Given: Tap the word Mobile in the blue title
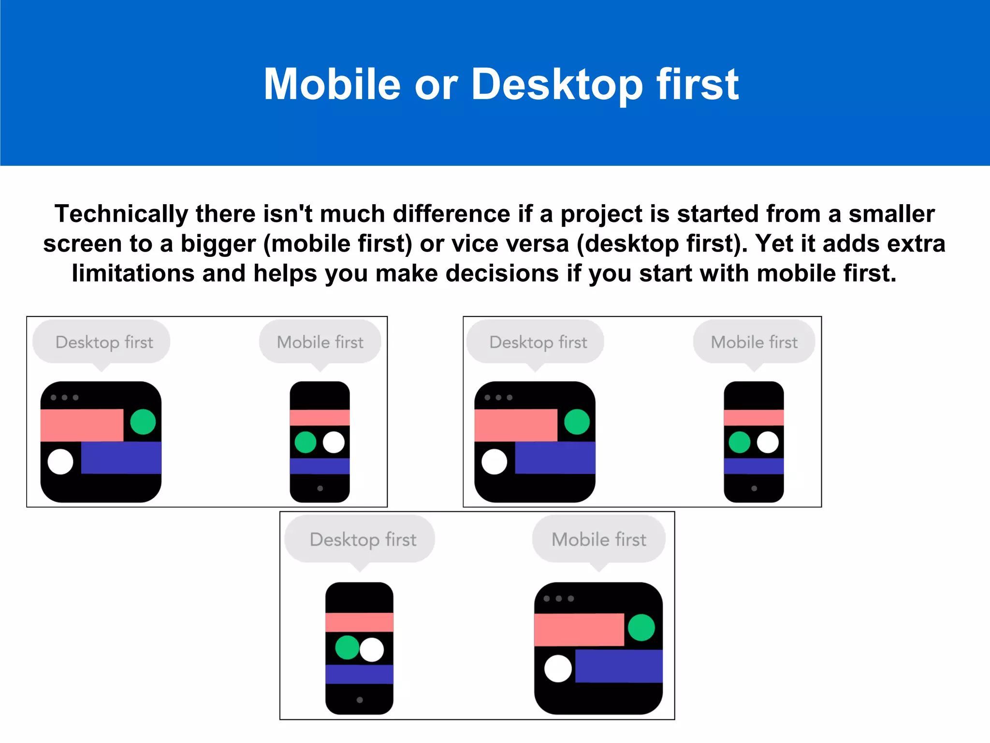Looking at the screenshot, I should [332, 84].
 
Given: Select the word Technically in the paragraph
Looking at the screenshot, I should [121, 214].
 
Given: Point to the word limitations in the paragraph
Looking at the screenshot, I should [133, 273].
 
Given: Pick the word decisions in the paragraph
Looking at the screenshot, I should [502, 273].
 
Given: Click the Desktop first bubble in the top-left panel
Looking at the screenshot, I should [104, 342].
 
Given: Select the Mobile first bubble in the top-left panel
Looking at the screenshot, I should [320, 342].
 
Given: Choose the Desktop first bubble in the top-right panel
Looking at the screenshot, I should [538, 342].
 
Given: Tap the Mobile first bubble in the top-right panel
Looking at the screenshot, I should [754, 342].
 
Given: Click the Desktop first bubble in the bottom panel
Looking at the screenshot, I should [363, 539].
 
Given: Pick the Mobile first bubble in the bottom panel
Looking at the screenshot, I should [599, 539].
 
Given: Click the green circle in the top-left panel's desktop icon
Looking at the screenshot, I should [143, 422].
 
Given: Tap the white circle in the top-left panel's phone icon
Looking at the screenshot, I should [334, 442].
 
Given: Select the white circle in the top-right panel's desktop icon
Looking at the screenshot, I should [495, 461].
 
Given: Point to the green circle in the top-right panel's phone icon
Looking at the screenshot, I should [740, 442].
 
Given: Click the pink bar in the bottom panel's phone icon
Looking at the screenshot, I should [359, 622].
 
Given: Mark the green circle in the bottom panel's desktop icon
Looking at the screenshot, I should [641, 627].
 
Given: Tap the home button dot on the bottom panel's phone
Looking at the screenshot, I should [360, 700].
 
